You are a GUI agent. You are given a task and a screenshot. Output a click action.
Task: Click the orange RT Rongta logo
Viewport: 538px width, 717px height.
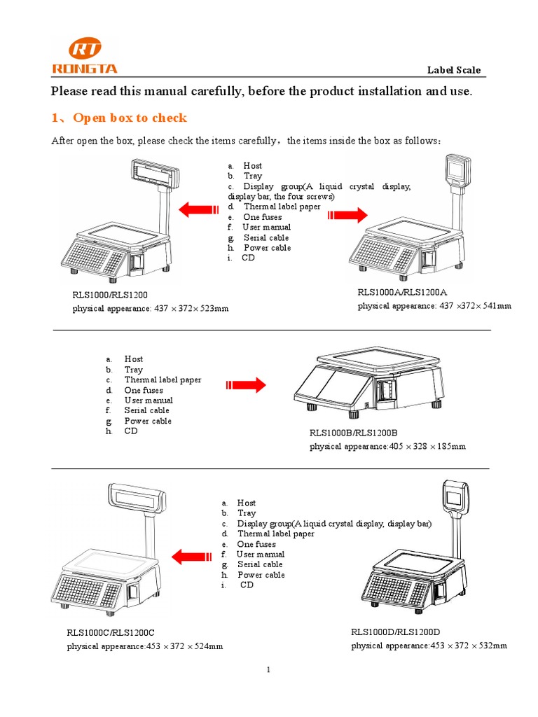pyautogui.click(x=85, y=56)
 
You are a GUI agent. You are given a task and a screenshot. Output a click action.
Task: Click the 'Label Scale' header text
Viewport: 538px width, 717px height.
pyautogui.click(x=454, y=70)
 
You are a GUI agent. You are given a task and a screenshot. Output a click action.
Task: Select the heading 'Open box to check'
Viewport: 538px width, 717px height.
pyautogui.click(x=130, y=118)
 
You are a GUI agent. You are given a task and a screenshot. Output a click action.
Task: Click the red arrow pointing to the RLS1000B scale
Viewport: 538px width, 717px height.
pyautogui.click(x=246, y=384)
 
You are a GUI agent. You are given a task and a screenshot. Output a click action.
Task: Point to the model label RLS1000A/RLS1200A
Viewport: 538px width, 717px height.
pyautogui.click(x=402, y=292)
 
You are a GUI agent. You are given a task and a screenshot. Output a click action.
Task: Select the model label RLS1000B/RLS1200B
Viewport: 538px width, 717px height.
pyautogui.click(x=353, y=433)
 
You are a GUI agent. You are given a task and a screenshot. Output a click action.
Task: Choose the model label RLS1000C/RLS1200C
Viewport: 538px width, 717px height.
pyautogui.click(x=111, y=633)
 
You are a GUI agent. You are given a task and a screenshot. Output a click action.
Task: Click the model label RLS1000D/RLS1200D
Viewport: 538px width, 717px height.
pyautogui.click(x=395, y=632)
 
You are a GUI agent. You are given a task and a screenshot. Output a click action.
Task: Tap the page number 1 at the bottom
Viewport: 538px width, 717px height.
pyautogui.click(x=268, y=670)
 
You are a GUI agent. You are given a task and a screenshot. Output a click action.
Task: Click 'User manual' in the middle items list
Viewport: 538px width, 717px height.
pyautogui.click(x=149, y=401)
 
